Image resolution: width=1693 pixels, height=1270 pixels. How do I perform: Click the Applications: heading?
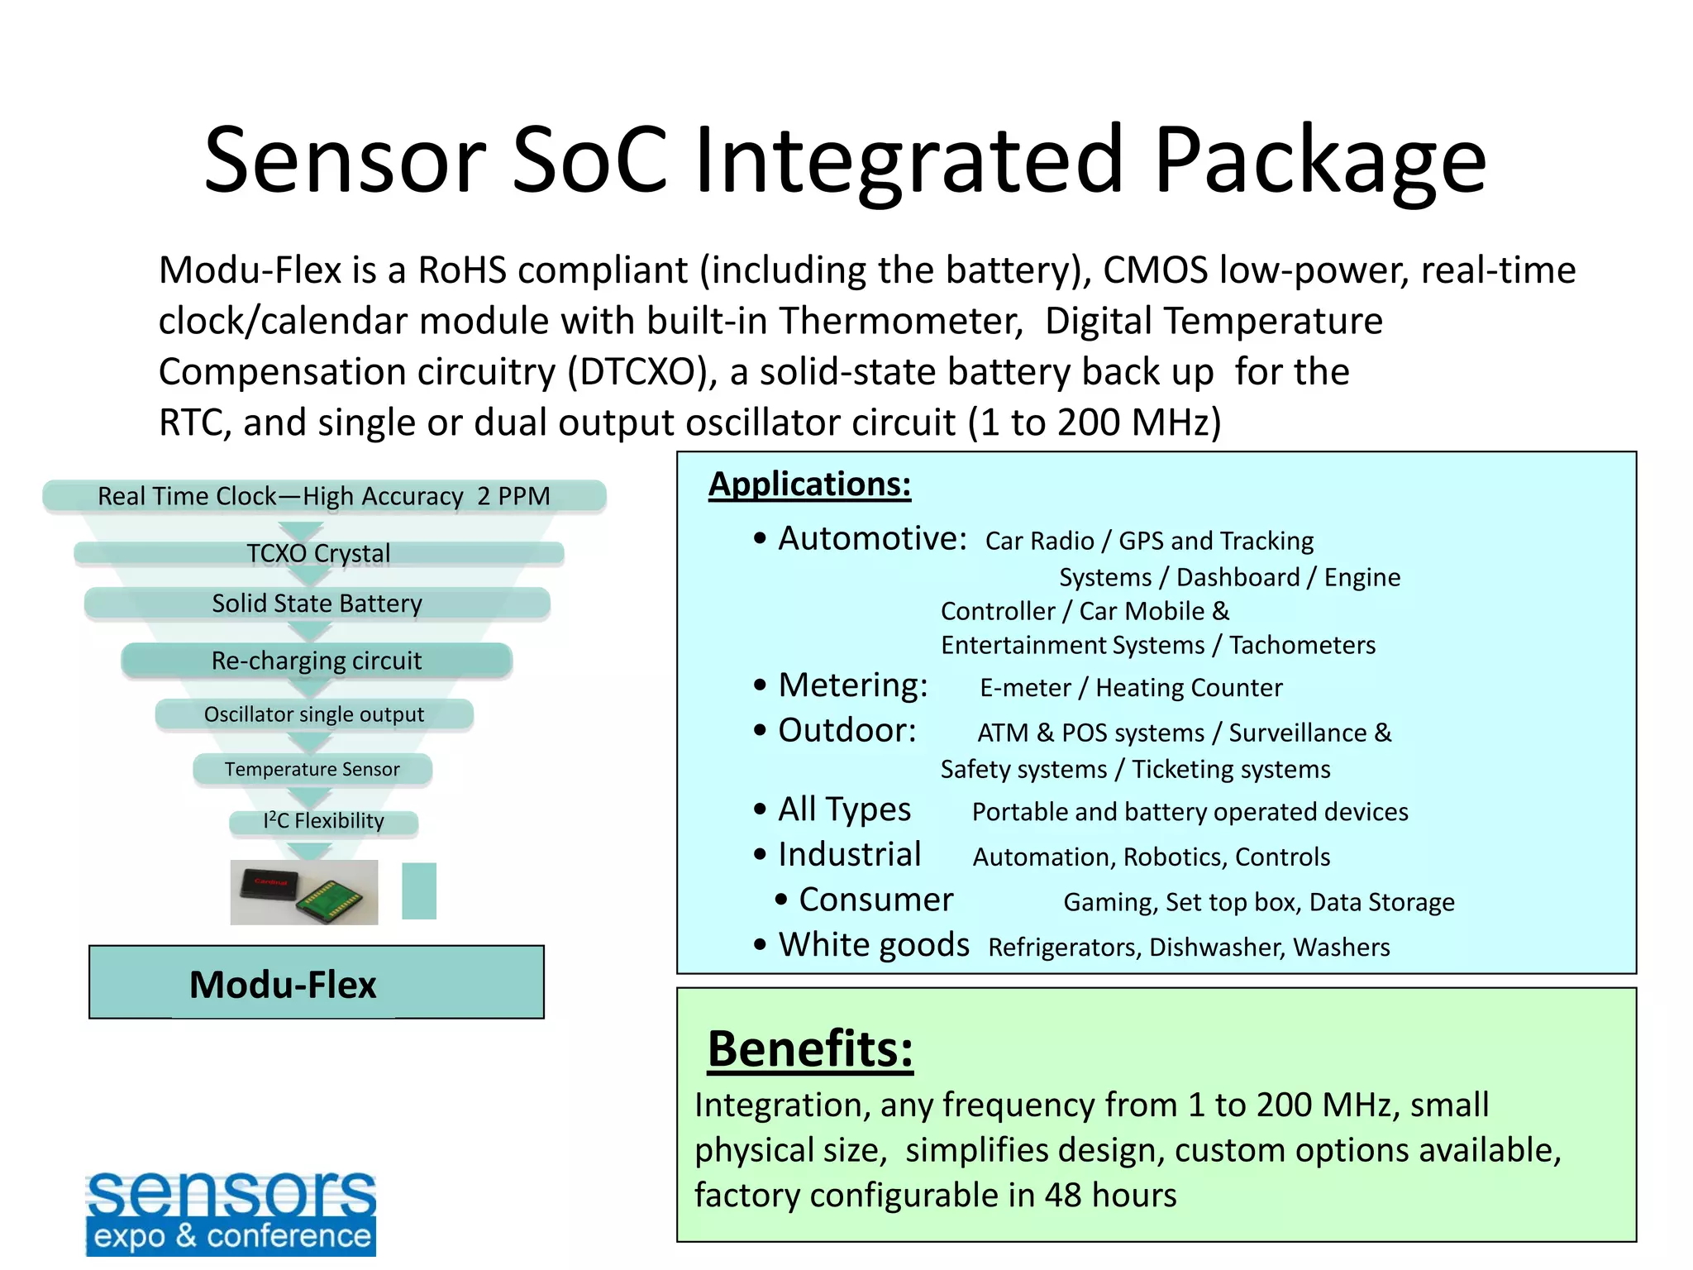tap(809, 485)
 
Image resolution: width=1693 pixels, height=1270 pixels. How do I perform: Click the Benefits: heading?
tap(810, 1049)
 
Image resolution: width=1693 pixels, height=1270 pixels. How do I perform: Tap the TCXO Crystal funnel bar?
tap(318, 553)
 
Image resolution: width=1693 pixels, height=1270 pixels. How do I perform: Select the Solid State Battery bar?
tap(317, 604)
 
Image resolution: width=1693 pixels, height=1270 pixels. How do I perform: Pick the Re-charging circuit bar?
tap(317, 661)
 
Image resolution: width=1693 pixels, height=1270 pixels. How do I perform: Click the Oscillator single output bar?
tap(314, 714)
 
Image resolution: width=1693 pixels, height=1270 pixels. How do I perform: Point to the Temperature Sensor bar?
tap(312, 769)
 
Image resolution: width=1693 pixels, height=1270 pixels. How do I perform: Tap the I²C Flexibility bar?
tap(323, 821)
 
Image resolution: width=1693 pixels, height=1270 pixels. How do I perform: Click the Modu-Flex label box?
tap(316, 983)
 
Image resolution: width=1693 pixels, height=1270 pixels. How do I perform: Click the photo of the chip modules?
tap(303, 892)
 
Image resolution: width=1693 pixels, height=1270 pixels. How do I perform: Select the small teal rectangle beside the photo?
tap(419, 891)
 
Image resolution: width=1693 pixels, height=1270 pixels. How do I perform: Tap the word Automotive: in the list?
tap(872, 539)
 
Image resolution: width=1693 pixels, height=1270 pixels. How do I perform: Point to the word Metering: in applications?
tap(853, 685)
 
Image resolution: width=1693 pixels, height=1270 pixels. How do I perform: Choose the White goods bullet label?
tap(874, 945)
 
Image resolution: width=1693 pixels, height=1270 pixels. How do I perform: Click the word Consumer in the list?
tap(875, 900)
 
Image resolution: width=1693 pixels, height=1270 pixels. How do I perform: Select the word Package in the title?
tap(1319, 161)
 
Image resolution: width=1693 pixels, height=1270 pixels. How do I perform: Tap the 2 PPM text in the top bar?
tap(513, 496)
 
